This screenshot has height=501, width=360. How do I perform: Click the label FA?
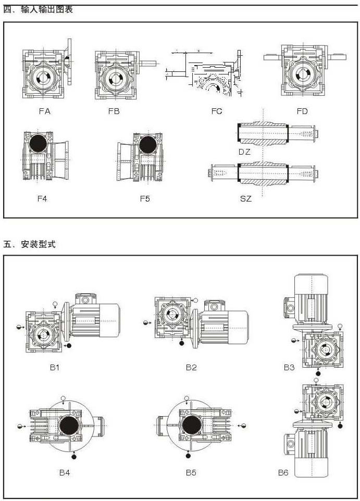[x=45, y=110]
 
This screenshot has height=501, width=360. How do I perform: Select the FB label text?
[x=114, y=110]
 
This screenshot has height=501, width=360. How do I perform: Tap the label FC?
[x=217, y=111]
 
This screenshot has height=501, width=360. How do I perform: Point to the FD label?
[x=302, y=111]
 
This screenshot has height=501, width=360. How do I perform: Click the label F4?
[x=43, y=198]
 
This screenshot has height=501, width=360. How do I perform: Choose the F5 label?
[x=145, y=198]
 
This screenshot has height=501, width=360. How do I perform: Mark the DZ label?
[x=245, y=152]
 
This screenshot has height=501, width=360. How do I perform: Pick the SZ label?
[x=245, y=198]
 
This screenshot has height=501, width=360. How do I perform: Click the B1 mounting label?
[x=55, y=367]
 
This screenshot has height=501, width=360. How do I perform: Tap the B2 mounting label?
[x=191, y=367]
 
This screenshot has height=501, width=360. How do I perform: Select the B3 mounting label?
[x=289, y=367]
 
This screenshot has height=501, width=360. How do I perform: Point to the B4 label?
[x=64, y=473]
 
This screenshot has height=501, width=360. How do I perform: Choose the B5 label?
[x=191, y=473]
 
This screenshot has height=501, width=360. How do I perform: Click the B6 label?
[x=283, y=473]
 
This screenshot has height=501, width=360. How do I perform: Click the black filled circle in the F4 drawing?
[x=39, y=144]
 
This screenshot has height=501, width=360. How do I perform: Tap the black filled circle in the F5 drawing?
[x=147, y=144]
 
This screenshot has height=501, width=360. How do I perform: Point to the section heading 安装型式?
[x=38, y=244]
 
